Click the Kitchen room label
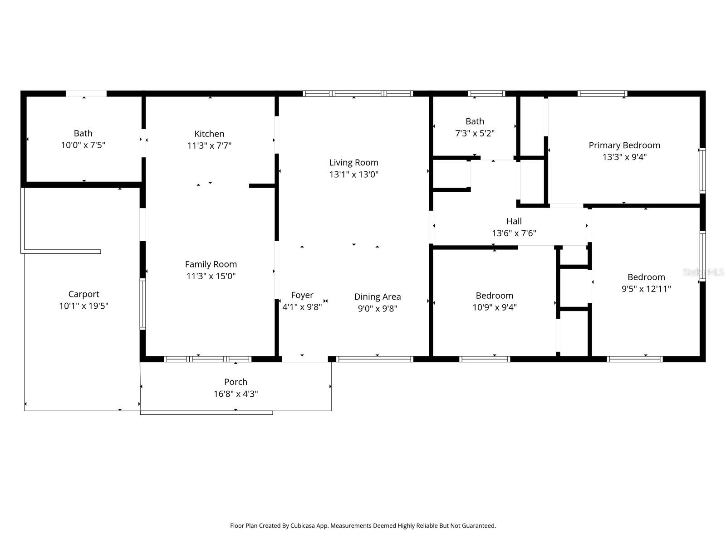[x=209, y=134]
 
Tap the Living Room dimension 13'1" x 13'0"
[x=353, y=174]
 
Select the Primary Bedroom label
[x=624, y=145]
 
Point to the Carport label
[x=83, y=294]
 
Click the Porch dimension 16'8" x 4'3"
[x=235, y=393]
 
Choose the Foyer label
[x=302, y=295]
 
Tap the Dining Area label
[x=377, y=296]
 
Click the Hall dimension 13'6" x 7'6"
[x=514, y=233]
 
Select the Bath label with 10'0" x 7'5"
[x=83, y=133]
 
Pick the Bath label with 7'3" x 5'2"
[x=475, y=121]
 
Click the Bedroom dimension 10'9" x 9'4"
[x=494, y=307]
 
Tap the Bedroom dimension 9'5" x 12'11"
[x=646, y=289]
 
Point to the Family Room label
[x=211, y=264]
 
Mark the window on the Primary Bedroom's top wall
[x=602, y=94]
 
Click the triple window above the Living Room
[x=358, y=94]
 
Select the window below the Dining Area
[x=375, y=359]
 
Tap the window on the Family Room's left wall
[x=142, y=303]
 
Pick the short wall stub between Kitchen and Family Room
[x=262, y=185]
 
